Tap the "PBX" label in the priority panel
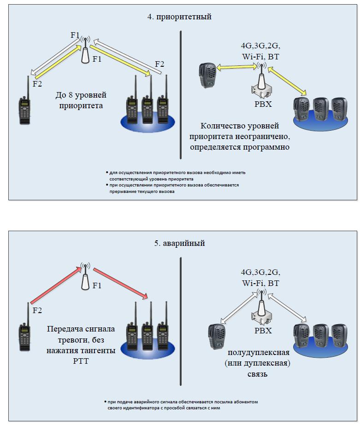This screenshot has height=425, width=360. (263, 104)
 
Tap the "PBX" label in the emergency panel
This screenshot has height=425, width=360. (263, 331)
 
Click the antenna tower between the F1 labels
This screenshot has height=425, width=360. (84, 50)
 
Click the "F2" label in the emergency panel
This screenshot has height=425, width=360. (37, 310)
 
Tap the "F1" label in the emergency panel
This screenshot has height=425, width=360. (97, 285)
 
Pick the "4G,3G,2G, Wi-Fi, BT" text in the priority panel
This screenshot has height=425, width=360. (260, 51)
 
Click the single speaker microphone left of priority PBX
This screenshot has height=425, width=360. (207, 75)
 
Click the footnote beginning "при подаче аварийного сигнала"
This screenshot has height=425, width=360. (180, 404)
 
